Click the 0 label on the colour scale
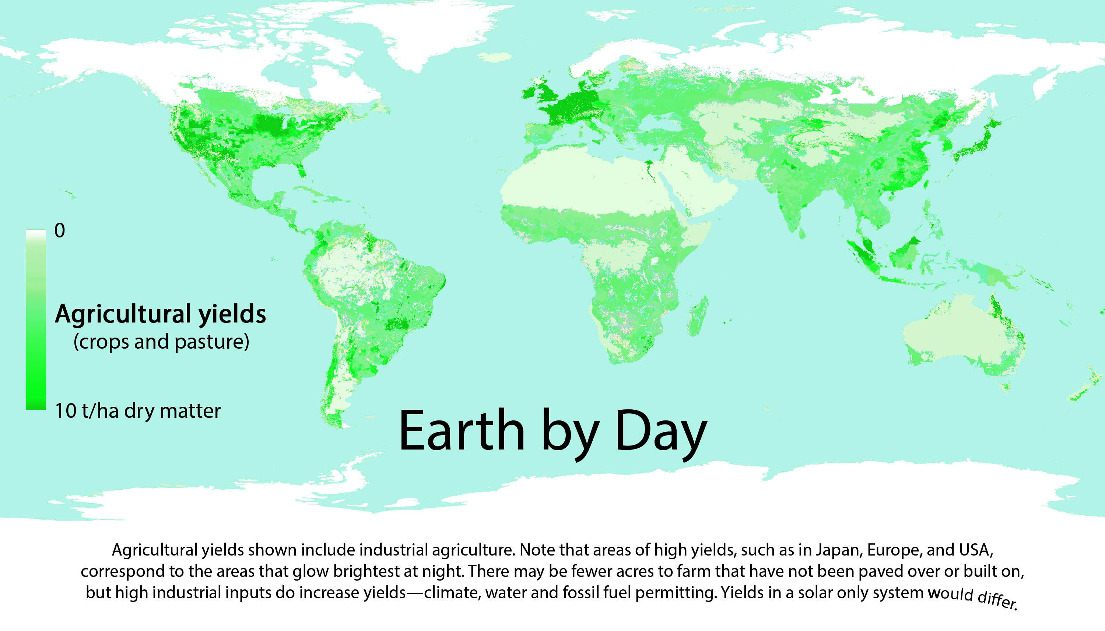click(x=59, y=230)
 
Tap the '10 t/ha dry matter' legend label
click(x=138, y=411)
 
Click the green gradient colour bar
click(x=36, y=320)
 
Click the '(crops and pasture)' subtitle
click(x=161, y=342)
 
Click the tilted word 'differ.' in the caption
click(x=997, y=600)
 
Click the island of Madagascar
click(x=698, y=316)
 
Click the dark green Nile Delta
click(x=649, y=164)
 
